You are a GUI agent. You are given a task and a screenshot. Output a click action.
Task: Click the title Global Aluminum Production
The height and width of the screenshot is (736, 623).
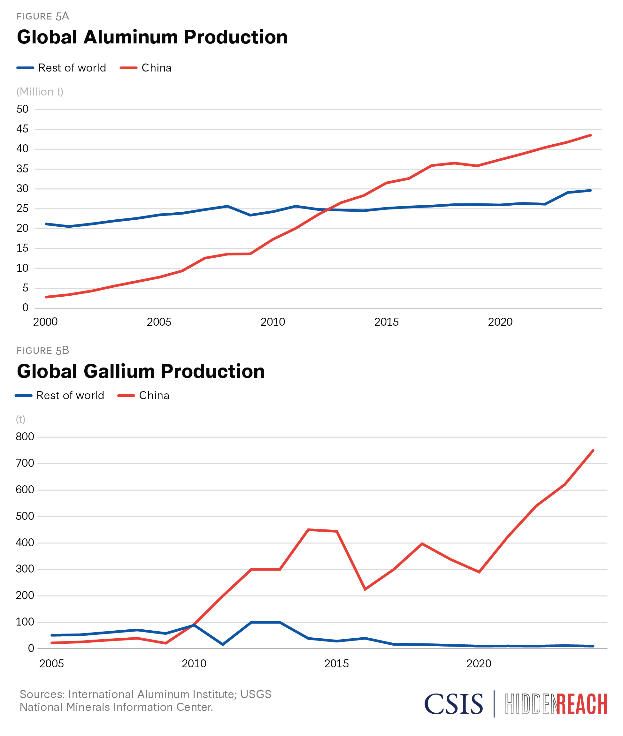coord(152,37)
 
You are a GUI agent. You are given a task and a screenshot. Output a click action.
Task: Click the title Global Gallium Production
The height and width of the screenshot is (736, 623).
coord(141,371)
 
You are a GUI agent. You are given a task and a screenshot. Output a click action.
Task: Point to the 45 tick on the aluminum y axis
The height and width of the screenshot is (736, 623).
coord(22,129)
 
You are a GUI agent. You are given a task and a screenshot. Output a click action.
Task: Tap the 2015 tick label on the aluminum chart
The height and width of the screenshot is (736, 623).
coord(386,322)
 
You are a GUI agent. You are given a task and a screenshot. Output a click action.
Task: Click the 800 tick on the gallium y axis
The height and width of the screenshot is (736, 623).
coord(25,437)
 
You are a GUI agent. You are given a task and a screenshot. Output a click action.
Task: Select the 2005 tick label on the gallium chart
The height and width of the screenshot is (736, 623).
coord(51,664)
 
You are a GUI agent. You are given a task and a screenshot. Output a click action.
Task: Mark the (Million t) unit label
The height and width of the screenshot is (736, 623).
coord(40,92)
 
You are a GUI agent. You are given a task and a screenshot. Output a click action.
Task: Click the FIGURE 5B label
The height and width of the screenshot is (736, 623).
coord(43,351)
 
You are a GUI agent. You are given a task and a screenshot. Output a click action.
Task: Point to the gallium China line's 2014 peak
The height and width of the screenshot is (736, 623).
coord(308,529)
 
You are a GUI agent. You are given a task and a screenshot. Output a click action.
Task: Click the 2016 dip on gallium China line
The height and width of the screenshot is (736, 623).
coord(365,589)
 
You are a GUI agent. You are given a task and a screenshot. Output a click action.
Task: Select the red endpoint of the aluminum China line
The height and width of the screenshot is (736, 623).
coord(590,135)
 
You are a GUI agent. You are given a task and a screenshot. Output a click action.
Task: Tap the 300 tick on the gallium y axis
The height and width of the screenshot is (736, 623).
coord(25,569)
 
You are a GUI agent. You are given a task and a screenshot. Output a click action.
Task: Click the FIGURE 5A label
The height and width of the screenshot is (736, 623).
coord(43,16)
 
